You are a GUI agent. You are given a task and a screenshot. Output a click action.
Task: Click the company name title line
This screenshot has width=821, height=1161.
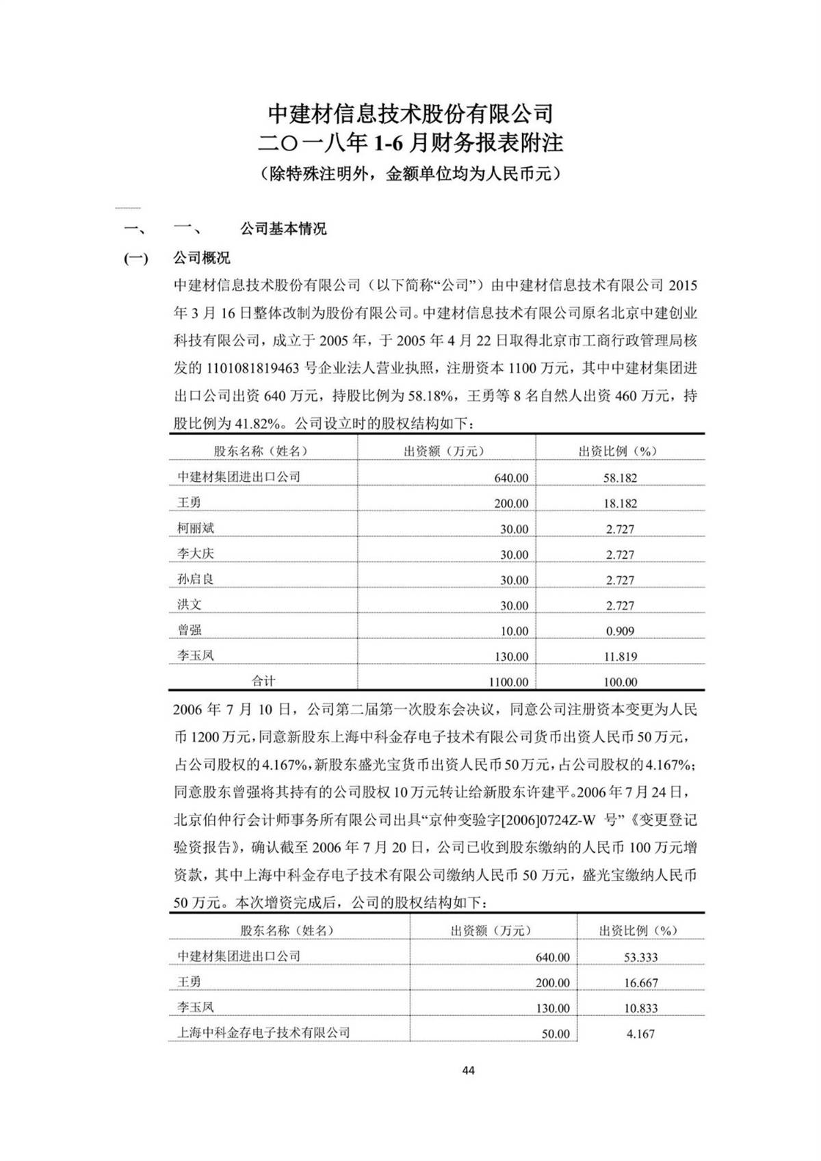tap(410, 112)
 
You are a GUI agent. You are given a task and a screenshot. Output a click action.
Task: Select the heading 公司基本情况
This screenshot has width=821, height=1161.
tap(283, 229)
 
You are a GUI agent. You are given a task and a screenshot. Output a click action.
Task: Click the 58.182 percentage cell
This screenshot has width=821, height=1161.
tap(620, 478)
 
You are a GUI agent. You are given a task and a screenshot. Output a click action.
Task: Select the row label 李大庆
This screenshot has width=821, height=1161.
tap(196, 553)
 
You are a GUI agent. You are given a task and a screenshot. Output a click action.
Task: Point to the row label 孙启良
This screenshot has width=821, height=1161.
tap(196, 579)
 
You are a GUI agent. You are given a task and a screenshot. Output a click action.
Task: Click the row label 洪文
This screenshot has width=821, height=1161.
tap(190, 604)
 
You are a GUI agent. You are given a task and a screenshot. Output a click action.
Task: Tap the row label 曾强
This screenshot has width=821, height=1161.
tap(190, 630)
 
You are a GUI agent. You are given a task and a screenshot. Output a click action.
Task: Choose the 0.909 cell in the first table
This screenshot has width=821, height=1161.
tap(620, 631)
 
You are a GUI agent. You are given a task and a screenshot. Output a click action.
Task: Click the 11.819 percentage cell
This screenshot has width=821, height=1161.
tap(620, 656)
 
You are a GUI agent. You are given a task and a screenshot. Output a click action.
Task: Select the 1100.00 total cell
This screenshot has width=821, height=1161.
tap(508, 681)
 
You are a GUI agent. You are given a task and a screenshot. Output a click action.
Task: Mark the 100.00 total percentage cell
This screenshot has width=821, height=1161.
tap(620, 681)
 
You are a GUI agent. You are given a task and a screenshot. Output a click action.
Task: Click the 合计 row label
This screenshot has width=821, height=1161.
tap(263, 681)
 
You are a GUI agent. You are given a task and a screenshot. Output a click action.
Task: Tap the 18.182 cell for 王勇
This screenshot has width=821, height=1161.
tap(620, 503)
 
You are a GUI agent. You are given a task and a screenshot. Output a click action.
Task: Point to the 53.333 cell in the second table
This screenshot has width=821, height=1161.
tap(640, 957)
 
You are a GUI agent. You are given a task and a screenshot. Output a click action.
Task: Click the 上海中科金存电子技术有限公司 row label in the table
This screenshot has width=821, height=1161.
tap(263, 1032)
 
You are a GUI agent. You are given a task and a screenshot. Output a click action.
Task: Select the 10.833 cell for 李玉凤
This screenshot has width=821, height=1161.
tap(640, 1008)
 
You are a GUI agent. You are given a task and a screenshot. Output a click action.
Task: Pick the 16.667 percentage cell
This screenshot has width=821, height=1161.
tap(640, 982)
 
